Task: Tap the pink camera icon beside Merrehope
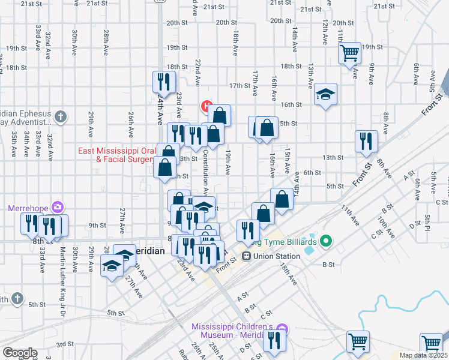(x=56, y=208)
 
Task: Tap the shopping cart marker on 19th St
(x=349, y=53)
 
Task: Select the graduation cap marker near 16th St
(x=325, y=94)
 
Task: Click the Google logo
(x=20, y=353)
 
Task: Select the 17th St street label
(x=238, y=86)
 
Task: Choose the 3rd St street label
(x=65, y=344)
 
